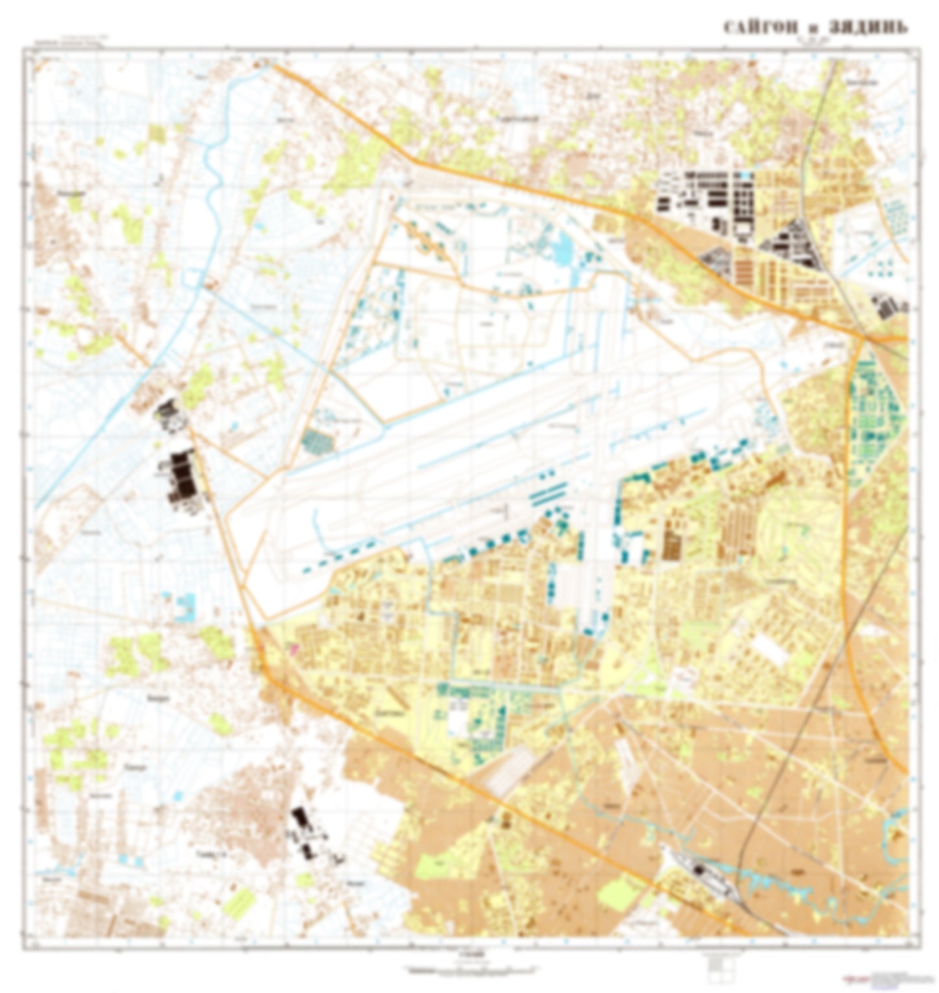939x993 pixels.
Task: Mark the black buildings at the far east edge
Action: tap(888, 307)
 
